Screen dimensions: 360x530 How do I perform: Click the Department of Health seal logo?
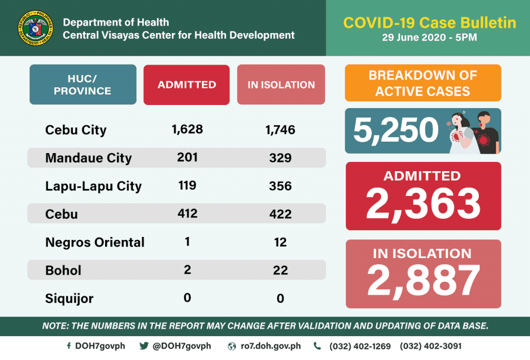pos(35,28)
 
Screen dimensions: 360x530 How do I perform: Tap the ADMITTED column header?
pos(186,85)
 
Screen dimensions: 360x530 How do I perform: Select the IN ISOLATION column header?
pos(281,85)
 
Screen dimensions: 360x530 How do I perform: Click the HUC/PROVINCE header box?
pos(83,85)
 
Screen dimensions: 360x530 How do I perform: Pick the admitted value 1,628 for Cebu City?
pos(187,129)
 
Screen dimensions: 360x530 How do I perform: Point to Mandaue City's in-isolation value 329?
pos(281,157)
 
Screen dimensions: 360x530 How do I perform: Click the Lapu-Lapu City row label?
pos(94,186)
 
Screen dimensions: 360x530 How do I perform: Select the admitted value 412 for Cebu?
pos(187,213)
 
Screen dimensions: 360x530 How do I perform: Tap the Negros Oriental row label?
pos(95,242)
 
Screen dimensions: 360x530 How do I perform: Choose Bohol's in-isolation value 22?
pos(281,269)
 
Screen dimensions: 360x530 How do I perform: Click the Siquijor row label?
pos(69,298)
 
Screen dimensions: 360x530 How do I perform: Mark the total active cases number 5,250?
pos(396,131)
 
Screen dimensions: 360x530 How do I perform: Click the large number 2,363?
pos(423,203)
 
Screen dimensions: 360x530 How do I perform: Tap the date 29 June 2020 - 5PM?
pos(430,38)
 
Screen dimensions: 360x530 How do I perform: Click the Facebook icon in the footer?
pos(69,346)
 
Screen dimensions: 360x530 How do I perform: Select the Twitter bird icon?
pos(144,346)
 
